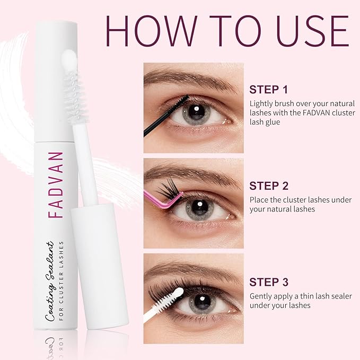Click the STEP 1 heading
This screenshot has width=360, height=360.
pos(268,90)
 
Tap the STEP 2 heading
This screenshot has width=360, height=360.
pos(269,186)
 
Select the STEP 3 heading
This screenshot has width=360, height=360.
pos(269,282)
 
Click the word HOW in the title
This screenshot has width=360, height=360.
pos(151,31)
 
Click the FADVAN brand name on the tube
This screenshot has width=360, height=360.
pos(56,185)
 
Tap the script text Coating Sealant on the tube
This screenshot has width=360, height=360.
pos(50,281)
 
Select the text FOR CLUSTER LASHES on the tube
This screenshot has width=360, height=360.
pos(61,280)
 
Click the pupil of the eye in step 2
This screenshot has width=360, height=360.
pos(199,207)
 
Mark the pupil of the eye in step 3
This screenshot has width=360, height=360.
pos(202,302)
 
